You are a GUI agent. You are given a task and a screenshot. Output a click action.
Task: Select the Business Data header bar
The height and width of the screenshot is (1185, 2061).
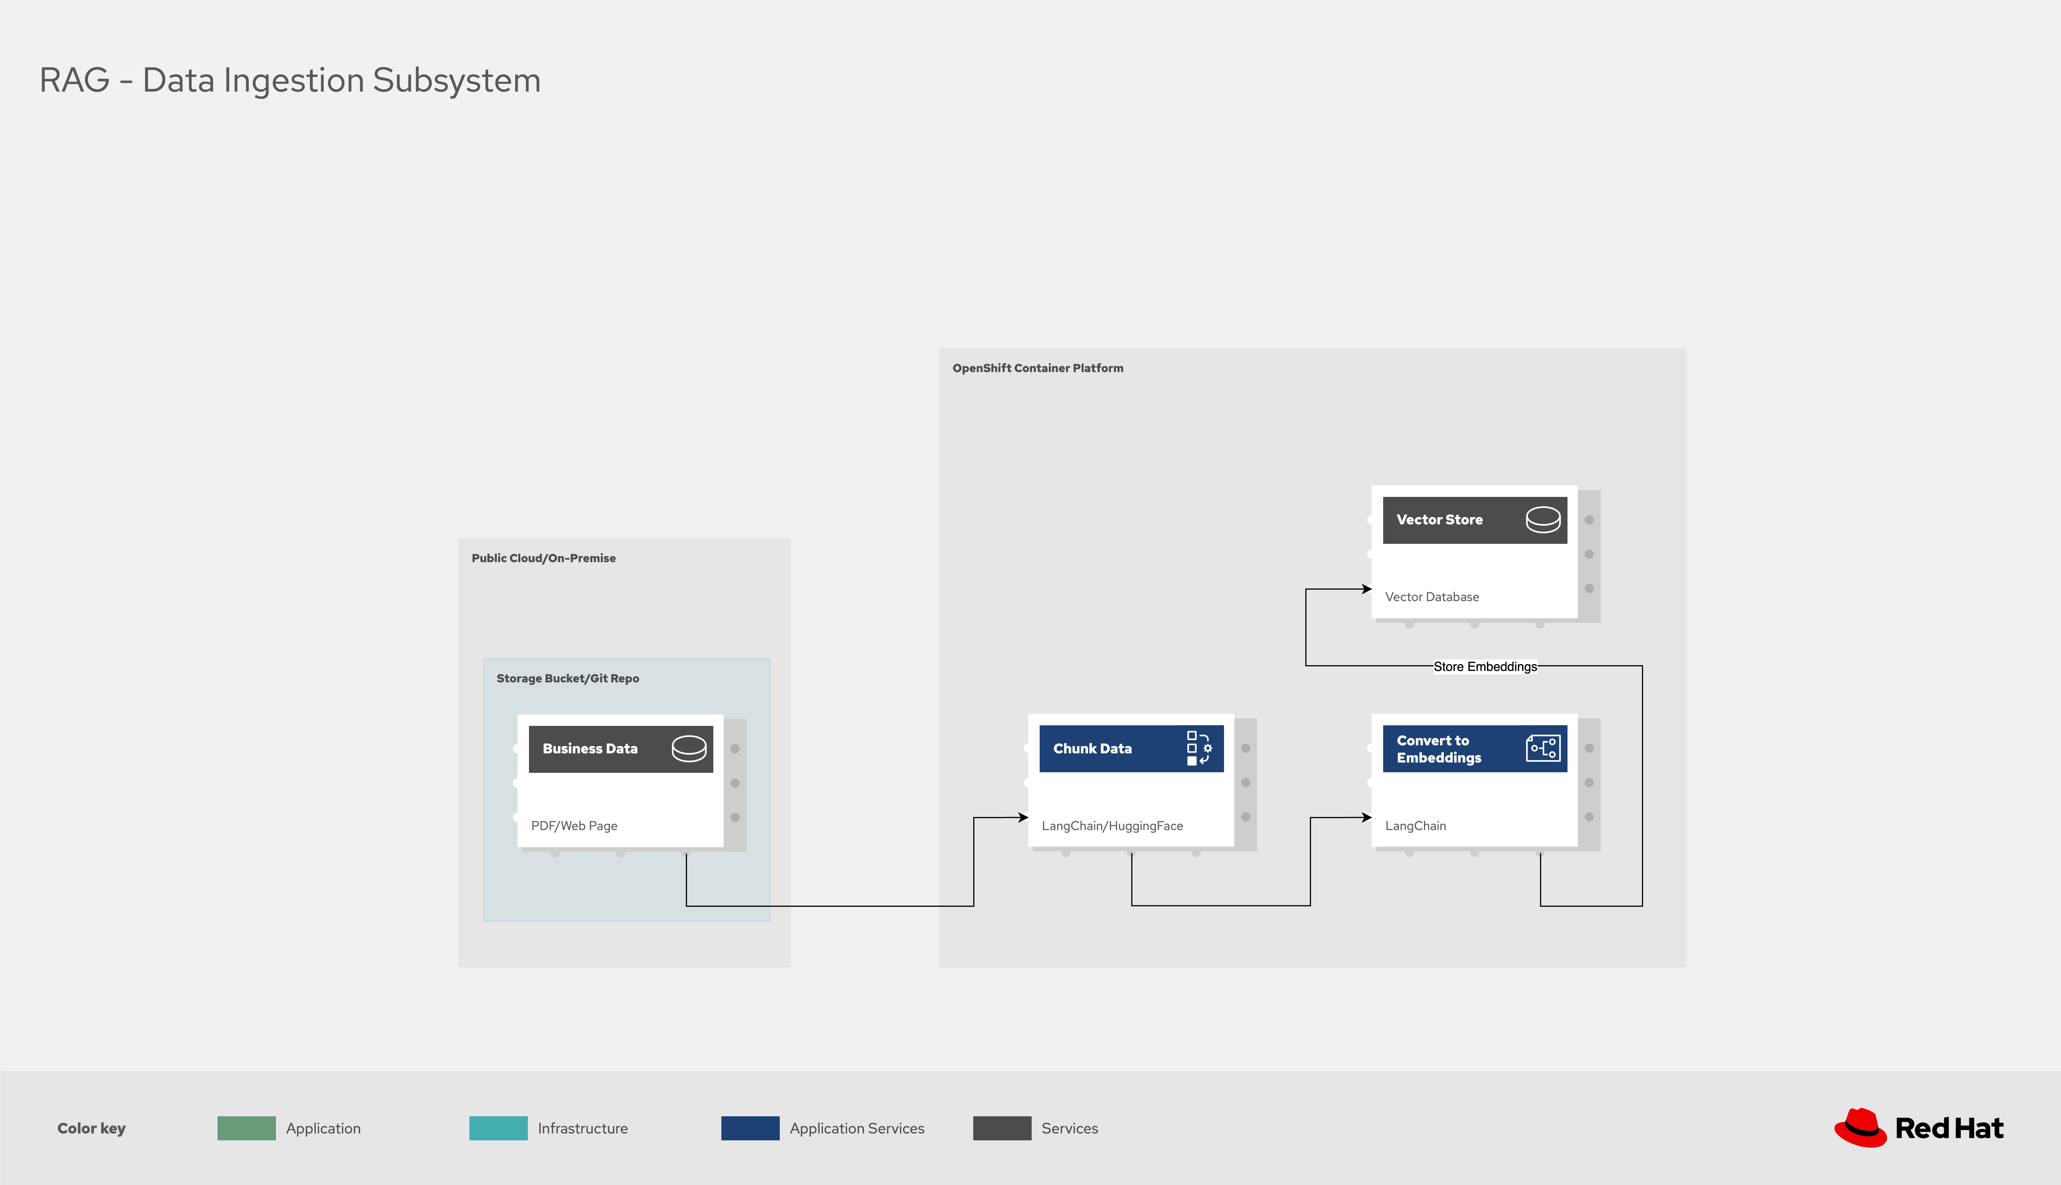click(621, 749)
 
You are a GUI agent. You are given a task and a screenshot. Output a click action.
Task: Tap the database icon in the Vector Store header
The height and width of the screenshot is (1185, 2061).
click(1543, 519)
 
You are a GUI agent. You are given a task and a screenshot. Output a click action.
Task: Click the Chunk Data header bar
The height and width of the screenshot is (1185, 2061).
click(1131, 749)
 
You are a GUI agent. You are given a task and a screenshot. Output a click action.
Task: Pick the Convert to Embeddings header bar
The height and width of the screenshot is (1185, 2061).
click(1474, 749)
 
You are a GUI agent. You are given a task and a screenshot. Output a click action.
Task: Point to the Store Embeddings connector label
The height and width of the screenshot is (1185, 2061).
click(1485, 667)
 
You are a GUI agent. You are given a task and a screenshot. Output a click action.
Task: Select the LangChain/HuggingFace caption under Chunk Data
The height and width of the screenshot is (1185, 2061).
click(1112, 826)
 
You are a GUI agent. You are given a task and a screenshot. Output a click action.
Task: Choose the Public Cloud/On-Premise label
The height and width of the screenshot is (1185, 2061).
click(543, 558)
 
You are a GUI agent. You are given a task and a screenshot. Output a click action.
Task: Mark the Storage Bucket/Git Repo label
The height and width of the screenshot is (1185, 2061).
click(568, 679)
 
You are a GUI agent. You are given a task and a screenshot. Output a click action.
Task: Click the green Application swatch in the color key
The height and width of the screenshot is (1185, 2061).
click(247, 1128)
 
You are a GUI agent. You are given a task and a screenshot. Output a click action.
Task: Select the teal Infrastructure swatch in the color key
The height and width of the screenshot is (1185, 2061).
click(498, 1128)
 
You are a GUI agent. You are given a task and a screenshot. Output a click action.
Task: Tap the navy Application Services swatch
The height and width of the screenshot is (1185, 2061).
click(750, 1128)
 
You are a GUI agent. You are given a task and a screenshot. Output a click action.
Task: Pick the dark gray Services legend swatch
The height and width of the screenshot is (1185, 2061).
click(1001, 1128)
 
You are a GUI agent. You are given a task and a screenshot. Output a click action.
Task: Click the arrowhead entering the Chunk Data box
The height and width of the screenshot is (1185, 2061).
click(1024, 817)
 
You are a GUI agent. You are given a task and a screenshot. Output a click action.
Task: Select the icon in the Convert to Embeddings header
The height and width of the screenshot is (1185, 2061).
click(1543, 748)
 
